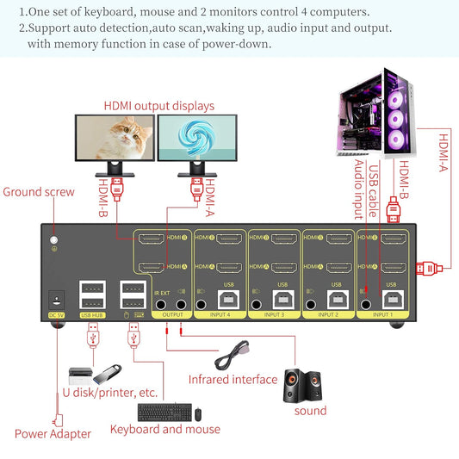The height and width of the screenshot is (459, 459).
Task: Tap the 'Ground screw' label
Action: pyautogui.click(x=39, y=191)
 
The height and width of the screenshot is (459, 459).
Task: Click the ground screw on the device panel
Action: pyautogui.click(x=55, y=242)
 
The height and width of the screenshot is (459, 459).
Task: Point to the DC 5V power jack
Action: pyautogui.click(x=55, y=299)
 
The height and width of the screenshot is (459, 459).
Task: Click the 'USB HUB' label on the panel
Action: pyautogui.click(x=92, y=315)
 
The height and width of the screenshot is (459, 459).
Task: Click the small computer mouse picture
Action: pyautogui.click(x=198, y=413)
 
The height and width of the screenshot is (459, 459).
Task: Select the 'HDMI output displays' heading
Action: pyautogui.click(x=159, y=105)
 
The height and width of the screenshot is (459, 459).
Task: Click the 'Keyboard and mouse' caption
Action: pyautogui.click(x=165, y=429)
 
